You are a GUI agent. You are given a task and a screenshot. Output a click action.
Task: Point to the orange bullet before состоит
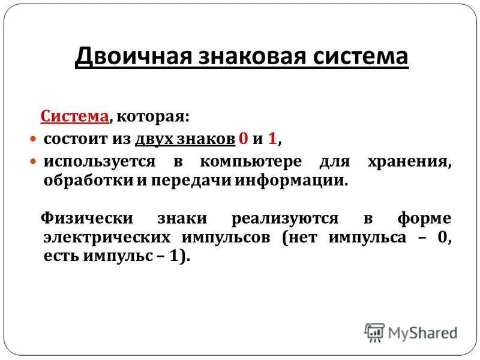(34, 139)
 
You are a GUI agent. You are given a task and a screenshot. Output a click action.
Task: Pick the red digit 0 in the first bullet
(243, 139)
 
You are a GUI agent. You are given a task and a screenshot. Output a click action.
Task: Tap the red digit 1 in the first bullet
(273, 139)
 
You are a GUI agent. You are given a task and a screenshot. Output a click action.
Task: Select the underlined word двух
(154, 139)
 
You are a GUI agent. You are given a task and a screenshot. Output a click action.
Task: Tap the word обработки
(78, 181)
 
